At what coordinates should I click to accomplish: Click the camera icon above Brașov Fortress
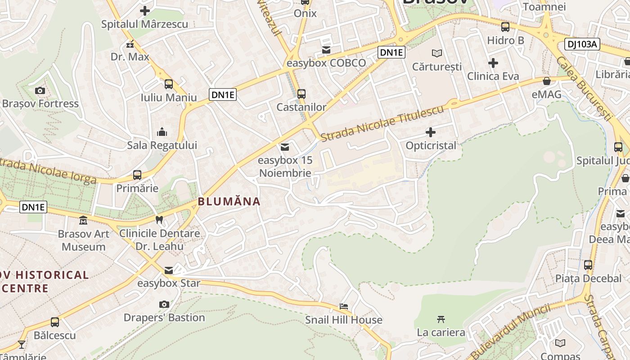(x=40, y=91)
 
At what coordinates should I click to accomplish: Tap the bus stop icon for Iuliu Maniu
(x=169, y=84)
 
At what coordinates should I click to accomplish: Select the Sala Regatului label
(x=162, y=145)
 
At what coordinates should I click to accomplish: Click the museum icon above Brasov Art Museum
(x=83, y=220)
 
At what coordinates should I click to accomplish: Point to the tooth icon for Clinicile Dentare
(x=159, y=220)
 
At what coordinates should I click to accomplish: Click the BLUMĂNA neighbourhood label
(x=229, y=202)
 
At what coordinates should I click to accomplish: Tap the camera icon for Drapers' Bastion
(x=164, y=304)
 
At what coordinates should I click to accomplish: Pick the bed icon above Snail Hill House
(x=344, y=306)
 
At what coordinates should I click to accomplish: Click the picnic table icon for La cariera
(x=441, y=319)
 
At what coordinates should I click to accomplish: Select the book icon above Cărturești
(x=437, y=54)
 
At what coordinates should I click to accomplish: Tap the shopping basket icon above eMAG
(x=547, y=81)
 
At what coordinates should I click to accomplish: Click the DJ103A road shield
(x=582, y=44)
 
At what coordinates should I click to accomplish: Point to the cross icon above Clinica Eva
(x=493, y=63)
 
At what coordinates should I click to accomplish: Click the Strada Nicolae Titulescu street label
(x=382, y=122)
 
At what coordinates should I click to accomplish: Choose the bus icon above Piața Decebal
(x=588, y=265)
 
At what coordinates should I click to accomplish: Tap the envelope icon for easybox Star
(x=169, y=270)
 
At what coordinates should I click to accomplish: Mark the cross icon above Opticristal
(x=431, y=132)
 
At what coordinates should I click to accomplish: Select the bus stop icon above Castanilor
(x=301, y=94)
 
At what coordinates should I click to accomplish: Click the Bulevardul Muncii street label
(x=512, y=331)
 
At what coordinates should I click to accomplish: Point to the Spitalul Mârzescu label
(x=144, y=24)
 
